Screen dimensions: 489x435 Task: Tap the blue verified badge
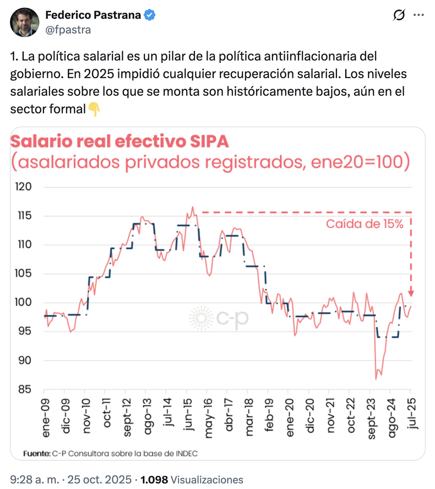click(149, 15)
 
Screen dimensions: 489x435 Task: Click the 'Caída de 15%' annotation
click(365, 224)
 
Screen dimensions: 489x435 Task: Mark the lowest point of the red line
click(376, 379)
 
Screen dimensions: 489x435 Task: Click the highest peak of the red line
click(192, 207)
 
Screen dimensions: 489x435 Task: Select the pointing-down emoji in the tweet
click(94, 110)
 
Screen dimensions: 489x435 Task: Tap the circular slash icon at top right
click(399, 17)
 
